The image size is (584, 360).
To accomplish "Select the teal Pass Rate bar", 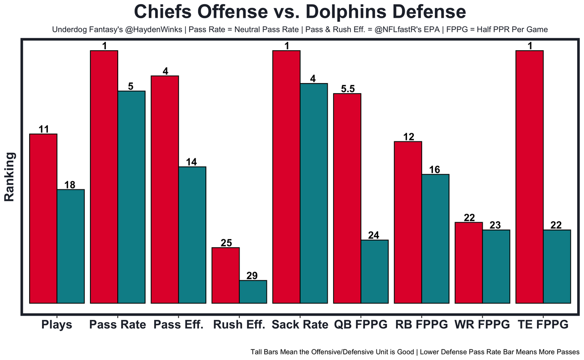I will [131, 197].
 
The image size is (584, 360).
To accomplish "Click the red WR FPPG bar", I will [469, 262].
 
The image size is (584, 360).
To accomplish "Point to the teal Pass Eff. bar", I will [192, 235].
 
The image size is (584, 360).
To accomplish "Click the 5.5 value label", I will [348, 89].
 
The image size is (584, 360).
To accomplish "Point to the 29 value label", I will [252, 276].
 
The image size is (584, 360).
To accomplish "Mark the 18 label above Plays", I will [70, 185].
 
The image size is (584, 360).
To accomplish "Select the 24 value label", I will [374, 235].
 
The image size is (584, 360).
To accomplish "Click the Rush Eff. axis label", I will [239, 325].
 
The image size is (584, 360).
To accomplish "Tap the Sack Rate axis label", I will [300, 325].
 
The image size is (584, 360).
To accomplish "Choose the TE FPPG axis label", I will [543, 325].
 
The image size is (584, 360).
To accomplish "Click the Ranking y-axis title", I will [10, 177].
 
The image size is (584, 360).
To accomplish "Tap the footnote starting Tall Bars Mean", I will [415, 352].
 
